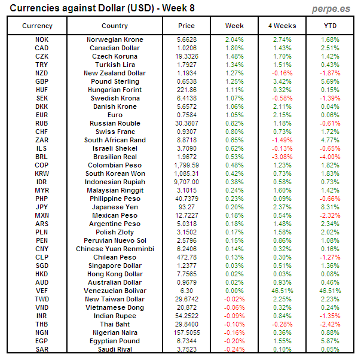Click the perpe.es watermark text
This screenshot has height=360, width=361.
[x=332, y=9]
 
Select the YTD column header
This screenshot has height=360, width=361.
[x=330, y=26]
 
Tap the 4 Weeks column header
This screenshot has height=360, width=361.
[x=282, y=26]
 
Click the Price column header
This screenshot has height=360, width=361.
[x=186, y=26]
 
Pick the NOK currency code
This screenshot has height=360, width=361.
[x=42, y=39]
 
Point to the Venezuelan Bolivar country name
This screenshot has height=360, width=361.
[x=115, y=291]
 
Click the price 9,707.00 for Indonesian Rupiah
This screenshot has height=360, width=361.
[x=186, y=182]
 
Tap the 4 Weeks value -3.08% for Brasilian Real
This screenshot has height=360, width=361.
[x=282, y=157]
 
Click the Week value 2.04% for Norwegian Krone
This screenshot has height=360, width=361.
[x=234, y=39]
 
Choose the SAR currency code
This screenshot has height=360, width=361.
[x=42, y=349]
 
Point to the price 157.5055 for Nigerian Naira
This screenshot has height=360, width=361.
[x=186, y=332]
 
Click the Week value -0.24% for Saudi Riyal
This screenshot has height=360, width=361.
[x=234, y=349]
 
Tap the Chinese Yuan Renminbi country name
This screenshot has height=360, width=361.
[x=115, y=249]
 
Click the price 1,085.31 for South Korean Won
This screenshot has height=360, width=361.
[x=186, y=173]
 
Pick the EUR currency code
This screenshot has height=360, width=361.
[x=42, y=115]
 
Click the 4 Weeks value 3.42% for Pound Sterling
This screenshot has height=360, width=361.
[x=282, y=81]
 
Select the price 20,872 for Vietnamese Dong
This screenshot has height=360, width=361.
[x=186, y=307]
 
